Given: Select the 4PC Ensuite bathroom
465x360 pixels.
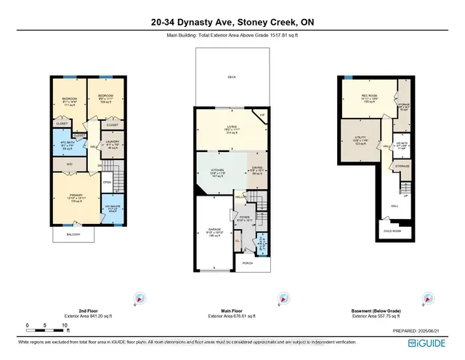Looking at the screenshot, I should click(x=113, y=209).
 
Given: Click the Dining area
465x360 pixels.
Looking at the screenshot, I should click(x=256, y=172).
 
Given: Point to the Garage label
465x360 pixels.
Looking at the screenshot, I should click(x=213, y=233).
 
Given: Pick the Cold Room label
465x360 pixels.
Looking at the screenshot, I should click(x=392, y=231).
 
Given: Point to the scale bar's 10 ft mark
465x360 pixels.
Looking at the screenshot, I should click(x=64, y=325).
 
